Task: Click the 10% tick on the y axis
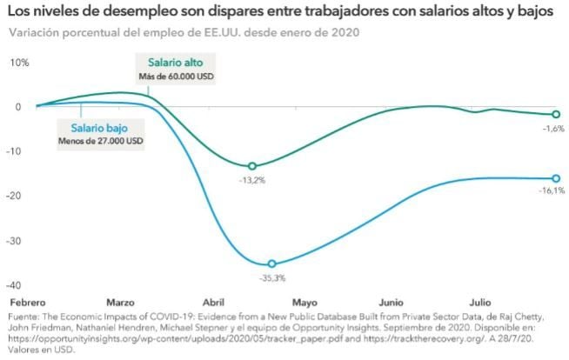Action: tap(19, 63)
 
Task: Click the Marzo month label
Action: tap(120, 302)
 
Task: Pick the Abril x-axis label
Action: tap(212, 302)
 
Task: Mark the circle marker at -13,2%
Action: tap(252, 166)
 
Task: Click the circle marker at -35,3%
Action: tap(271, 263)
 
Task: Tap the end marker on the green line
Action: tap(556, 115)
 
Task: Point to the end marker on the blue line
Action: tap(556, 178)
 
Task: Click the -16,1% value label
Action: tap(552, 191)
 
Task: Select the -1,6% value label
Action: tap(554, 128)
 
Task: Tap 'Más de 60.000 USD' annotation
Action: tap(177, 77)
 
